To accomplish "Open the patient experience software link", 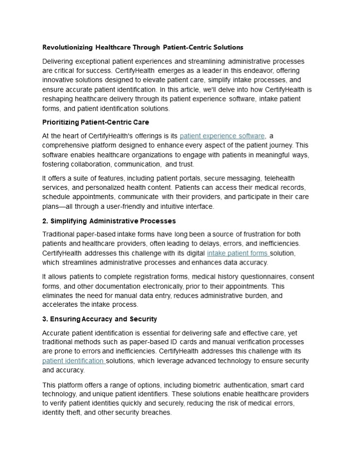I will coord(222,136).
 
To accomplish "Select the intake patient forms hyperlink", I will coord(237,253).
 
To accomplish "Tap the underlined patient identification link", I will coord(73,361).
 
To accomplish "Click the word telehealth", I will coord(278,178).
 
